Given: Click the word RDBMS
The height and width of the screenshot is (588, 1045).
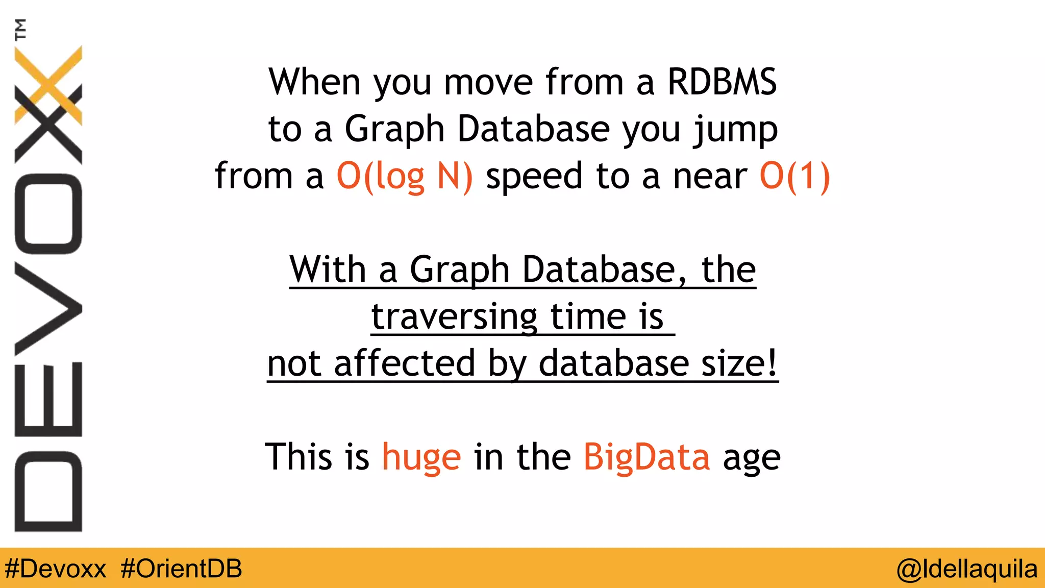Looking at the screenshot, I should [721, 82].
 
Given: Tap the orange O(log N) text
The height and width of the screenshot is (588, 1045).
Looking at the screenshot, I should [405, 176].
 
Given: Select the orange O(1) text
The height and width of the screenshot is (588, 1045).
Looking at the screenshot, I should [794, 176].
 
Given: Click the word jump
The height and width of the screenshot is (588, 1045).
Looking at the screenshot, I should [735, 130].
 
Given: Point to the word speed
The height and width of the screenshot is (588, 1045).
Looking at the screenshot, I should [534, 176].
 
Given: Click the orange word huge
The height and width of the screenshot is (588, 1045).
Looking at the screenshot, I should [421, 457].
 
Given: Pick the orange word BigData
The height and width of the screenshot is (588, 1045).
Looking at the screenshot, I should [646, 457].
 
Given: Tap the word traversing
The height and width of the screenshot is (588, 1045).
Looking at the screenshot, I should [454, 317].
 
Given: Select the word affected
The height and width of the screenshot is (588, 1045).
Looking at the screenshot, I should [405, 363].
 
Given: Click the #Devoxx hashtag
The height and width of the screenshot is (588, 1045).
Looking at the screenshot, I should [56, 569].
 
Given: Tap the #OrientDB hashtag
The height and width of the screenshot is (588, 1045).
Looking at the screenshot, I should [181, 569].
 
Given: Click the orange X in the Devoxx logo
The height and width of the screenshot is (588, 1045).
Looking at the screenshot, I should [49, 84].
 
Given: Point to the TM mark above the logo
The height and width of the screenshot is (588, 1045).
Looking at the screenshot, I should [20, 29].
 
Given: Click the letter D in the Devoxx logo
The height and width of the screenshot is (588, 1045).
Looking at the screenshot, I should [48, 492].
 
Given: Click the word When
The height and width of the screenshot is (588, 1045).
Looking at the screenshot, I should [315, 82].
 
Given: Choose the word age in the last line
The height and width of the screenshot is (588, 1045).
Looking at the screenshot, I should [752, 458].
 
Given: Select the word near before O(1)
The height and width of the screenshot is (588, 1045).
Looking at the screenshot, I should [710, 177].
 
